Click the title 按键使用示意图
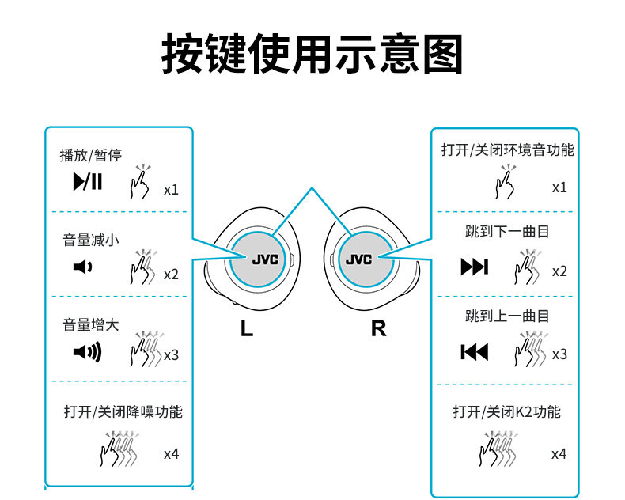coord(312,54)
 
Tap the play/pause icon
coord(88,181)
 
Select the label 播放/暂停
coord(91,155)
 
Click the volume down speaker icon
coord(82,267)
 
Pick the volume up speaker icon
coord(87,352)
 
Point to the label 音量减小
coord(91,240)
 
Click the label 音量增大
coord(91,324)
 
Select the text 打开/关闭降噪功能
coord(123,411)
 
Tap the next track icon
coord(475,267)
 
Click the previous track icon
coord(475,352)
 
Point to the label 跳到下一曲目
coord(507,231)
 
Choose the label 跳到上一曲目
coord(507,316)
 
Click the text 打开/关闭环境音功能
coord(507,150)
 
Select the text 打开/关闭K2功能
coord(506,411)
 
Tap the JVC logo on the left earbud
coord(265,259)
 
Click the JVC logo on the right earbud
coord(358,259)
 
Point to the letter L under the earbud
coord(247,328)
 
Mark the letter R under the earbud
coord(379,328)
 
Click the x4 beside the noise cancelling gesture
coord(172,454)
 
